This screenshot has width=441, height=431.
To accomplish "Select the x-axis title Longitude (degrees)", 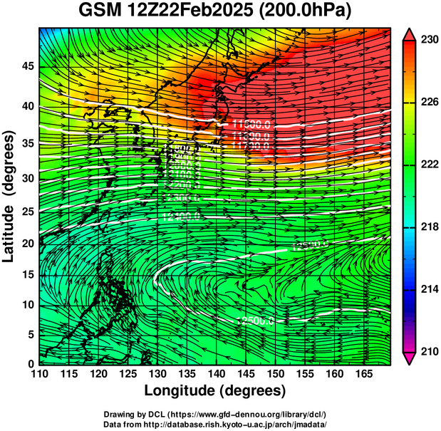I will pos(215,390).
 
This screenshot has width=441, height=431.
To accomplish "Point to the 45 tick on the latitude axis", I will pos(26,66).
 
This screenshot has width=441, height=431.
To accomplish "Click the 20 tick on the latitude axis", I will pos(26,243).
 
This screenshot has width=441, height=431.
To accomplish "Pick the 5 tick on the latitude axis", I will pos(29,333).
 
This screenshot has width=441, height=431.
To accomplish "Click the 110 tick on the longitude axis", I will pos(39,374).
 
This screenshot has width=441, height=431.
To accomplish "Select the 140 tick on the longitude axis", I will pos(215,374).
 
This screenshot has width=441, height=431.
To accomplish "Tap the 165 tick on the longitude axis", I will pos(362,374).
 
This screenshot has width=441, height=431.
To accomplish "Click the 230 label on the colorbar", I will pos(429,41).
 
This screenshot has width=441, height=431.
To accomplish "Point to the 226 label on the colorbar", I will pos(429,103).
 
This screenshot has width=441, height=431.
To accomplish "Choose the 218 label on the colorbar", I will pos(429,227).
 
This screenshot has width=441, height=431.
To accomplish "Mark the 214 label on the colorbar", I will pos(429,289).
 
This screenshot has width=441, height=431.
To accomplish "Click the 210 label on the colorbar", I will pos(429,351).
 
